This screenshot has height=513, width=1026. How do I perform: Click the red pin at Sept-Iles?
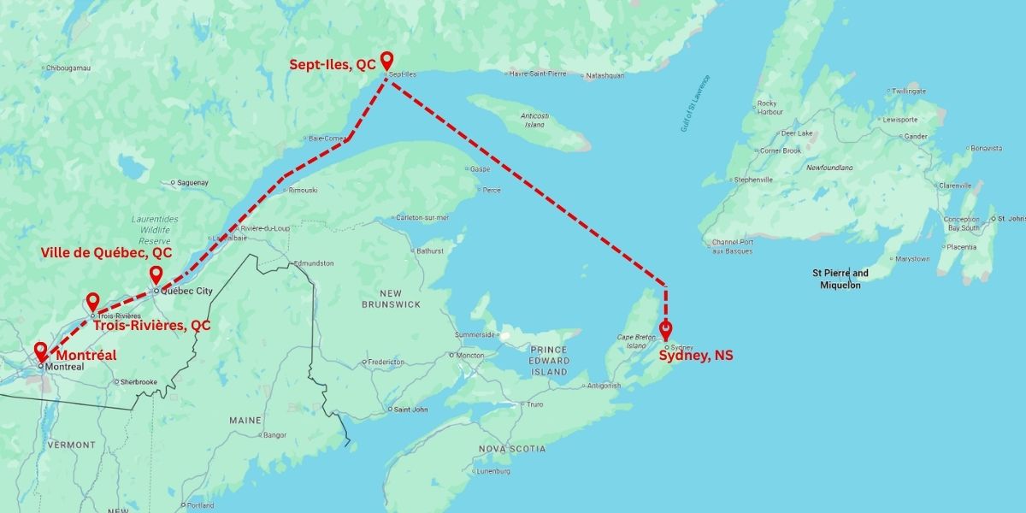pyautogui.click(x=386, y=60)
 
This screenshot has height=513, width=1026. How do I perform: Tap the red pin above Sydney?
pyautogui.click(x=665, y=329)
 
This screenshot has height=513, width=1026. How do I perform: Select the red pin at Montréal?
pyautogui.click(x=40, y=351)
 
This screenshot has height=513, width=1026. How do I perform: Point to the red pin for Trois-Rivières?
pyautogui.click(x=92, y=301)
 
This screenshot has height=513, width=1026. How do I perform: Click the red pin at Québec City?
pyautogui.click(x=156, y=274)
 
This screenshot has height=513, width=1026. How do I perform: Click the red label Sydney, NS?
pyautogui.click(x=695, y=356)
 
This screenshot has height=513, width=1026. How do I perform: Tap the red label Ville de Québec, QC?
pyautogui.click(x=107, y=253)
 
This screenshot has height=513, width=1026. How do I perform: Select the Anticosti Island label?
pyautogui.click(x=534, y=120)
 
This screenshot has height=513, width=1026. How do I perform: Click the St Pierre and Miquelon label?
pyautogui.click(x=840, y=279)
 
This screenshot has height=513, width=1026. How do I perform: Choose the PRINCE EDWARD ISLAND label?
pyautogui.click(x=549, y=361)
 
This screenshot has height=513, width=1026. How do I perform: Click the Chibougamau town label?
pyautogui.click(x=68, y=68)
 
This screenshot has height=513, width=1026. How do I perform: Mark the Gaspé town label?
pyautogui.click(x=480, y=168)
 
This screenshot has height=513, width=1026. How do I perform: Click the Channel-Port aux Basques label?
pyautogui.click(x=733, y=245)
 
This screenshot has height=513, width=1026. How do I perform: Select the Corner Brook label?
pyautogui.click(x=780, y=150)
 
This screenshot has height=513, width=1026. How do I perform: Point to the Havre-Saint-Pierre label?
pyautogui.click(x=537, y=74)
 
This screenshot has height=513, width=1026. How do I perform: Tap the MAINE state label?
pyautogui.click(x=245, y=421)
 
